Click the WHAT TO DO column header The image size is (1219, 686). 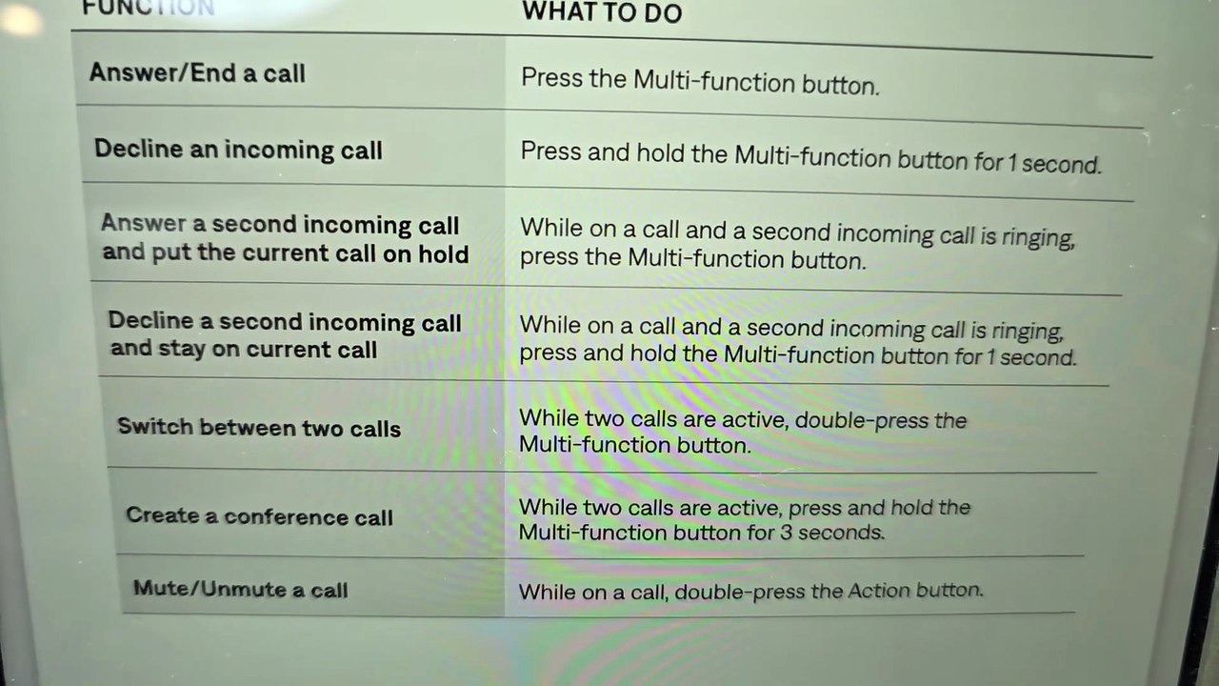tap(601, 12)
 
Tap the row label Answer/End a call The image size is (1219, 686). tap(197, 73)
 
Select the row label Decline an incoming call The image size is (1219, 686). tap(238, 150)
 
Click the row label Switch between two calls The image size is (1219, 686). tap(259, 428)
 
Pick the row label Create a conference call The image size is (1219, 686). tap(259, 515)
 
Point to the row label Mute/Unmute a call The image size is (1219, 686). tap(240, 589)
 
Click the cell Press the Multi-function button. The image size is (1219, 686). tap(700, 82)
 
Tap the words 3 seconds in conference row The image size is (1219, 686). tap(832, 532)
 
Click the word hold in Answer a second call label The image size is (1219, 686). tap(443, 253)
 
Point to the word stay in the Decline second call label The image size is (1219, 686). tap(180, 349)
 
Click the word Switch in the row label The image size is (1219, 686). tap(155, 426)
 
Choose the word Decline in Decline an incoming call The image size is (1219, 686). tap(138, 148)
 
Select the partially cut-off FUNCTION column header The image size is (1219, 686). tap(148, 8)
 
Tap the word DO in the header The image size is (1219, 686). tap(663, 13)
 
